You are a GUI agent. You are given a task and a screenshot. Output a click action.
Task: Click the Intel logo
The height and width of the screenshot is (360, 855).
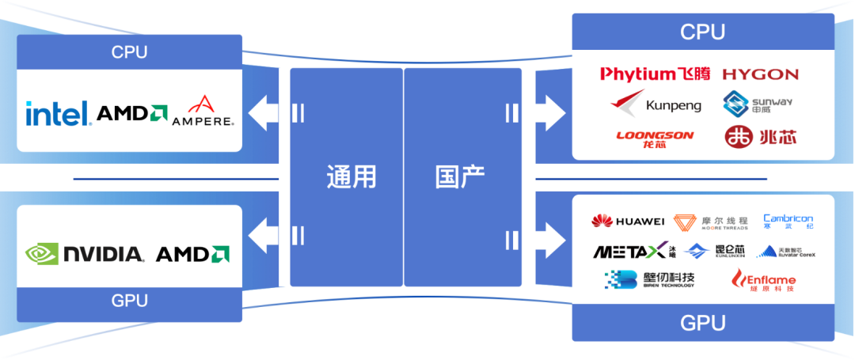click(x=58, y=114)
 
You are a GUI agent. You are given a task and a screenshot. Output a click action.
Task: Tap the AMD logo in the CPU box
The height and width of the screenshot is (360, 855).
click(x=131, y=114)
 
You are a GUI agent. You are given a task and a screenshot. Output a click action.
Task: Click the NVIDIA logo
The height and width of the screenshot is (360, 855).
click(x=85, y=254)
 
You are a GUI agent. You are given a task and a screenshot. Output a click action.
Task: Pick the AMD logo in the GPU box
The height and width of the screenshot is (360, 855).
click(x=192, y=254)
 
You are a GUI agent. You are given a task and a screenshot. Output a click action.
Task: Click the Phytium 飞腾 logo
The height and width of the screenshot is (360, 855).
click(x=655, y=74)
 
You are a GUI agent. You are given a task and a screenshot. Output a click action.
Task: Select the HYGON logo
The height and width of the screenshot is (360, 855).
click(x=761, y=74)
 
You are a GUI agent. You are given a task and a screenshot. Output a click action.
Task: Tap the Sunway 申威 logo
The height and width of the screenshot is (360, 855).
click(x=758, y=104)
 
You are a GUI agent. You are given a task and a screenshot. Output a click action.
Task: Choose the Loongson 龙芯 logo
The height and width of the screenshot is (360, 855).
click(x=655, y=137)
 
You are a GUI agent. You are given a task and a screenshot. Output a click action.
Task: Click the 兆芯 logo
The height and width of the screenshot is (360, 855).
click(x=761, y=137)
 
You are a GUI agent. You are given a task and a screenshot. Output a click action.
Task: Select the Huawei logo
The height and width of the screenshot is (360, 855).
click(x=628, y=221)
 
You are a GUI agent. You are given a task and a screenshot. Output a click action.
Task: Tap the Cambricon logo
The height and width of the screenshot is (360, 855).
click(x=788, y=222)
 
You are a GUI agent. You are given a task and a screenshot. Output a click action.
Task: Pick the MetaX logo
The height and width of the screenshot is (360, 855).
click(x=634, y=252)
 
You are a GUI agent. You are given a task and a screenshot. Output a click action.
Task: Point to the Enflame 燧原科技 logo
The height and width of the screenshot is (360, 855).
click(x=763, y=280)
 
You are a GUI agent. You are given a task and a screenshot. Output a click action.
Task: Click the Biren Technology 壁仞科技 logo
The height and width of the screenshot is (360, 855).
click(x=649, y=279)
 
